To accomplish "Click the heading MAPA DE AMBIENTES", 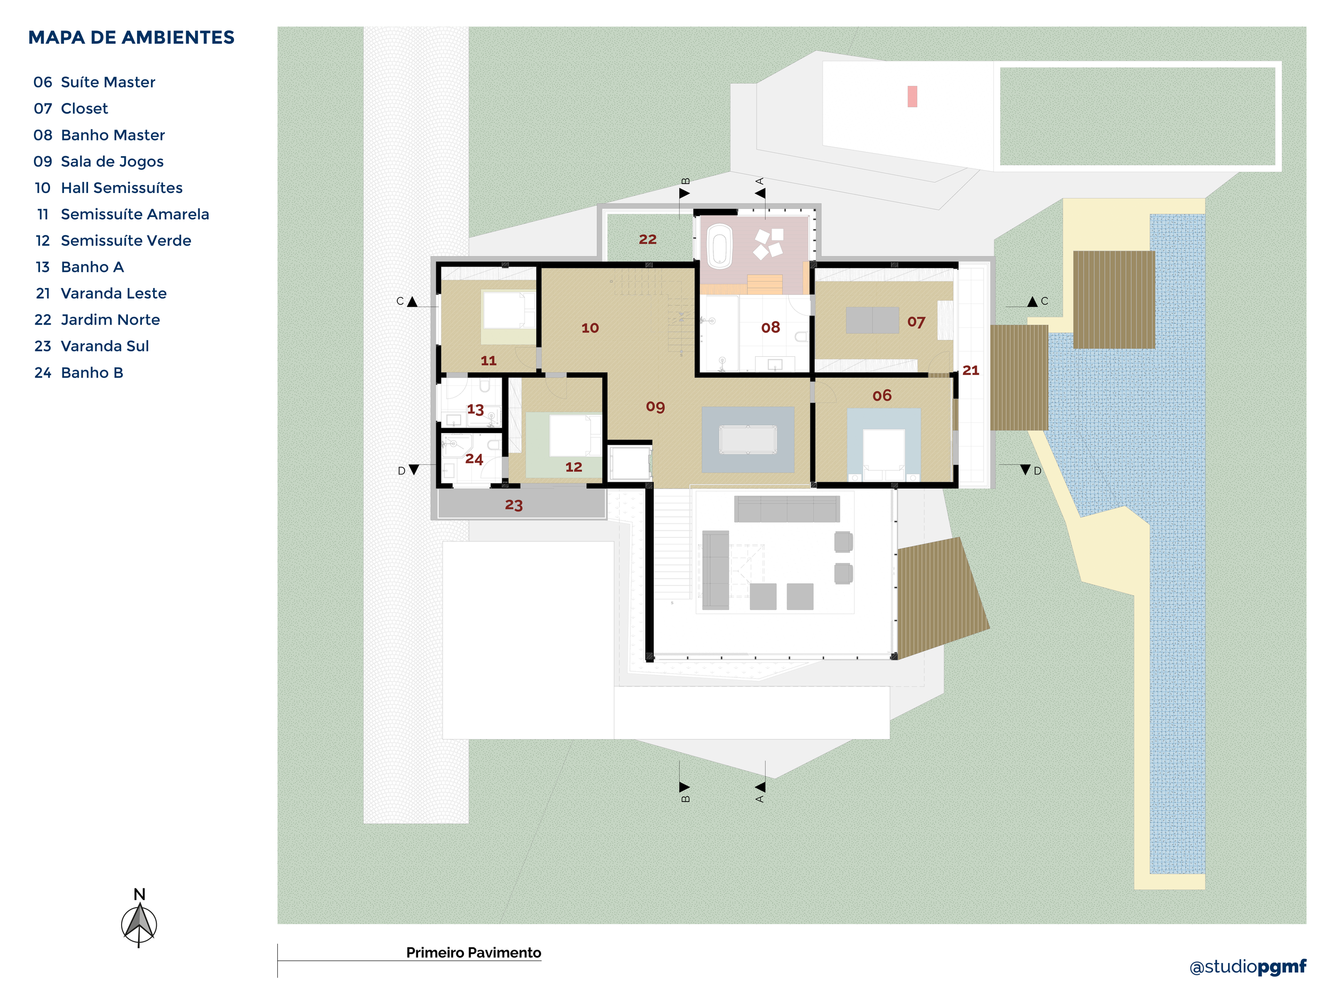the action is tap(131, 37).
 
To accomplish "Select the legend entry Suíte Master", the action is tap(107, 82).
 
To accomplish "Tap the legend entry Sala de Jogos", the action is tap(111, 162).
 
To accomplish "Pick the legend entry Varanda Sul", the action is tap(105, 346).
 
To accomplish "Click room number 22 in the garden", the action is tap(647, 239).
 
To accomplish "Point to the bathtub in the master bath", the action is tap(719, 246).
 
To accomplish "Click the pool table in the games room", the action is tap(748, 439).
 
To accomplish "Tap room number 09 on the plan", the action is tap(655, 407).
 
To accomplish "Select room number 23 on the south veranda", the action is tap(513, 505).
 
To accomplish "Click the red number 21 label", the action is tap(970, 370).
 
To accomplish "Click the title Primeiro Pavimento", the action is tap(473, 953).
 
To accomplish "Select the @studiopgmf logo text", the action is tap(1248, 967).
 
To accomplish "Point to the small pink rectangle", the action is tap(912, 97).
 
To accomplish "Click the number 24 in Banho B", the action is tap(473, 459).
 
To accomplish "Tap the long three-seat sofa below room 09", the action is tap(786, 509).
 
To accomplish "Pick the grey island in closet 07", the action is tap(872, 320).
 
